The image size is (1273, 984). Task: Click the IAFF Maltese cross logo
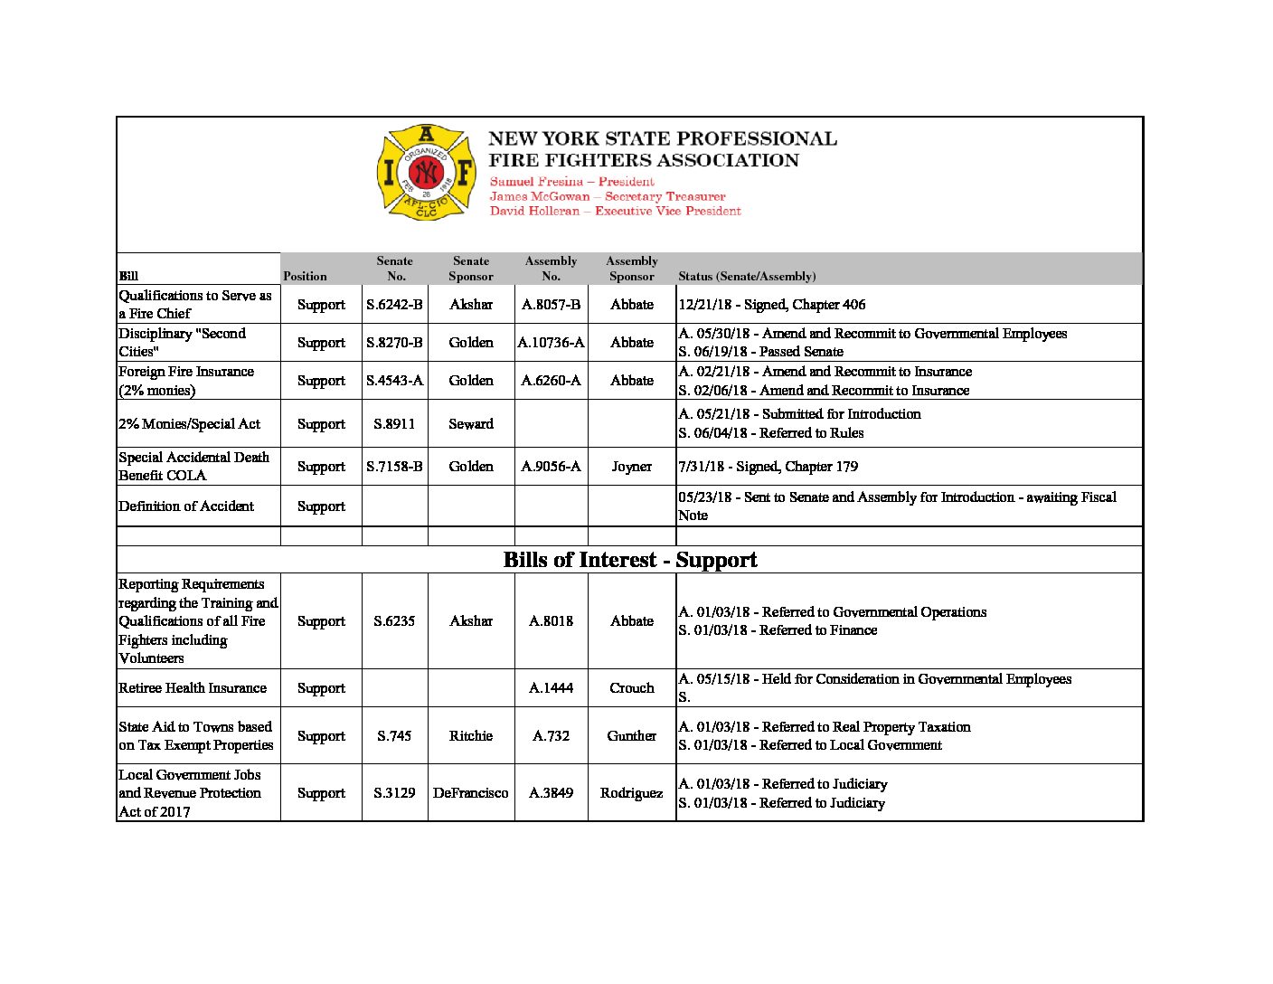(x=426, y=172)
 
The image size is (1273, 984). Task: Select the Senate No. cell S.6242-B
(x=394, y=305)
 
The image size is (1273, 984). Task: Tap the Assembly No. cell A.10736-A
(x=551, y=343)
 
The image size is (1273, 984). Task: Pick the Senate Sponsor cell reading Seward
(x=471, y=423)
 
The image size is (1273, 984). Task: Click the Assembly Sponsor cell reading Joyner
(x=631, y=467)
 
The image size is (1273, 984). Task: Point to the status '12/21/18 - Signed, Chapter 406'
(x=772, y=305)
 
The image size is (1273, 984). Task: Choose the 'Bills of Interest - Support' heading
(x=630, y=560)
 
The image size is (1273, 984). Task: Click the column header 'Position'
(x=305, y=276)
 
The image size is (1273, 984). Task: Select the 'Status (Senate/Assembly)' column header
(x=747, y=276)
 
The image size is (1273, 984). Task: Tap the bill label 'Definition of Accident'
(x=186, y=506)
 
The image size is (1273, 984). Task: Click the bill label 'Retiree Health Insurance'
(x=193, y=688)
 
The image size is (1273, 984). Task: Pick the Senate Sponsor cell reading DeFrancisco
(x=470, y=793)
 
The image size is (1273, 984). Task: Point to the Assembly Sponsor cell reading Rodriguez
(x=631, y=793)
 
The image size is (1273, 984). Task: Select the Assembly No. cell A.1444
(x=551, y=688)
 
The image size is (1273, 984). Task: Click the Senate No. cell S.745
(x=394, y=736)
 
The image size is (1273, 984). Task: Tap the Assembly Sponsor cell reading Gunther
(x=631, y=736)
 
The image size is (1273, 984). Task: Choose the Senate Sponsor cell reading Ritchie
(x=471, y=736)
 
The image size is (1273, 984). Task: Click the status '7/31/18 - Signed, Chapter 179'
(x=769, y=467)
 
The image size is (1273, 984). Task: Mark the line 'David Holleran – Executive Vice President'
(x=615, y=211)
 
